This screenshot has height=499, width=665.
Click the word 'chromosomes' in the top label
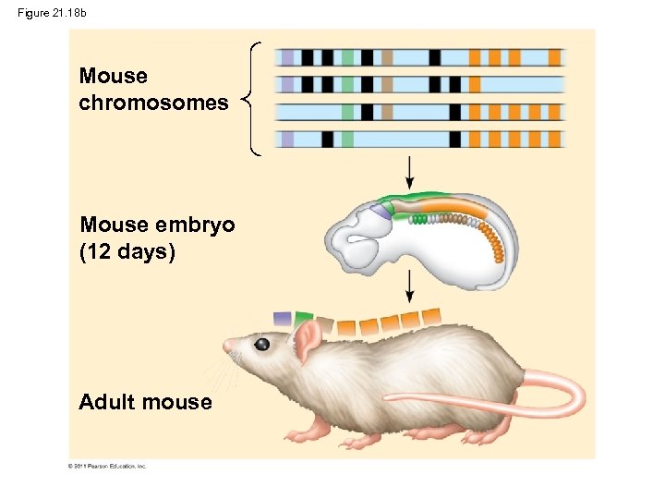pos(153,103)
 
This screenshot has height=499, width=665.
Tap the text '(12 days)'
pos(127,250)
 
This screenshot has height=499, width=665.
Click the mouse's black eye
pos(262,345)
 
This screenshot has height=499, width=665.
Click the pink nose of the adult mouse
pos(227,346)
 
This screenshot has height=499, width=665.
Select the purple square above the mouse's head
pos(282,319)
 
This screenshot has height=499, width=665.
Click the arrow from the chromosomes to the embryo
pos(409,172)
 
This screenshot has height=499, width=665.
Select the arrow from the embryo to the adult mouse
pos(409,286)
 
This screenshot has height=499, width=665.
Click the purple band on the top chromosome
pos(287,57)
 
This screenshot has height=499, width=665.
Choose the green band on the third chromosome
pos(347,112)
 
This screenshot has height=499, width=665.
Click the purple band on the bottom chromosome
pos(287,140)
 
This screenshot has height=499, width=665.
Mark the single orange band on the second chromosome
pos(475,85)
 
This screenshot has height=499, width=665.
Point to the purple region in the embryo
pos(381,212)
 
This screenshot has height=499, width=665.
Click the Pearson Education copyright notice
pos(107,467)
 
